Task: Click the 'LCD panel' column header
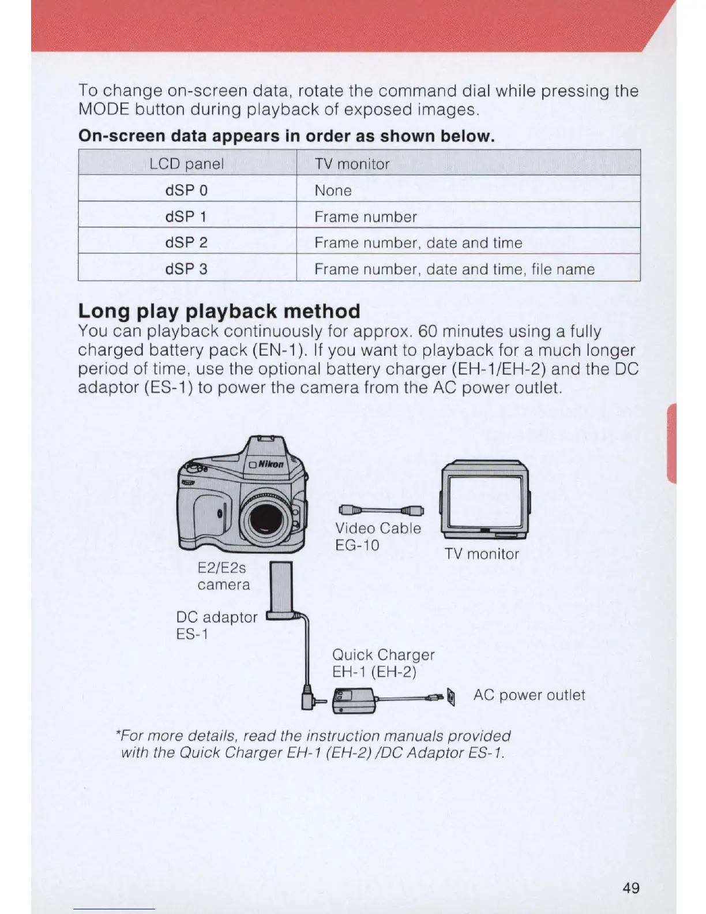(x=186, y=164)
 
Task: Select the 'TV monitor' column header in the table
(x=352, y=164)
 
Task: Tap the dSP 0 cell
(x=186, y=190)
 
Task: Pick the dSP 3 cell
(x=186, y=269)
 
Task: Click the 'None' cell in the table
(x=333, y=190)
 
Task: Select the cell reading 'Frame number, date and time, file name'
(x=454, y=269)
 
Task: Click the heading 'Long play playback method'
(x=219, y=311)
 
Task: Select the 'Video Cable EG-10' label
(x=378, y=537)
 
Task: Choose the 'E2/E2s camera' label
(x=223, y=576)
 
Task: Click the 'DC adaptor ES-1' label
(x=216, y=625)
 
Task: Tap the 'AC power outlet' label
(x=529, y=695)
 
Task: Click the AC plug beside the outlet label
(x=451, y=698)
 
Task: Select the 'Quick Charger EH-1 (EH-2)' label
(x=383, y=663)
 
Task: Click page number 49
(x=631, y=888)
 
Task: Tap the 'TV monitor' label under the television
(x=482, y=554)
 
